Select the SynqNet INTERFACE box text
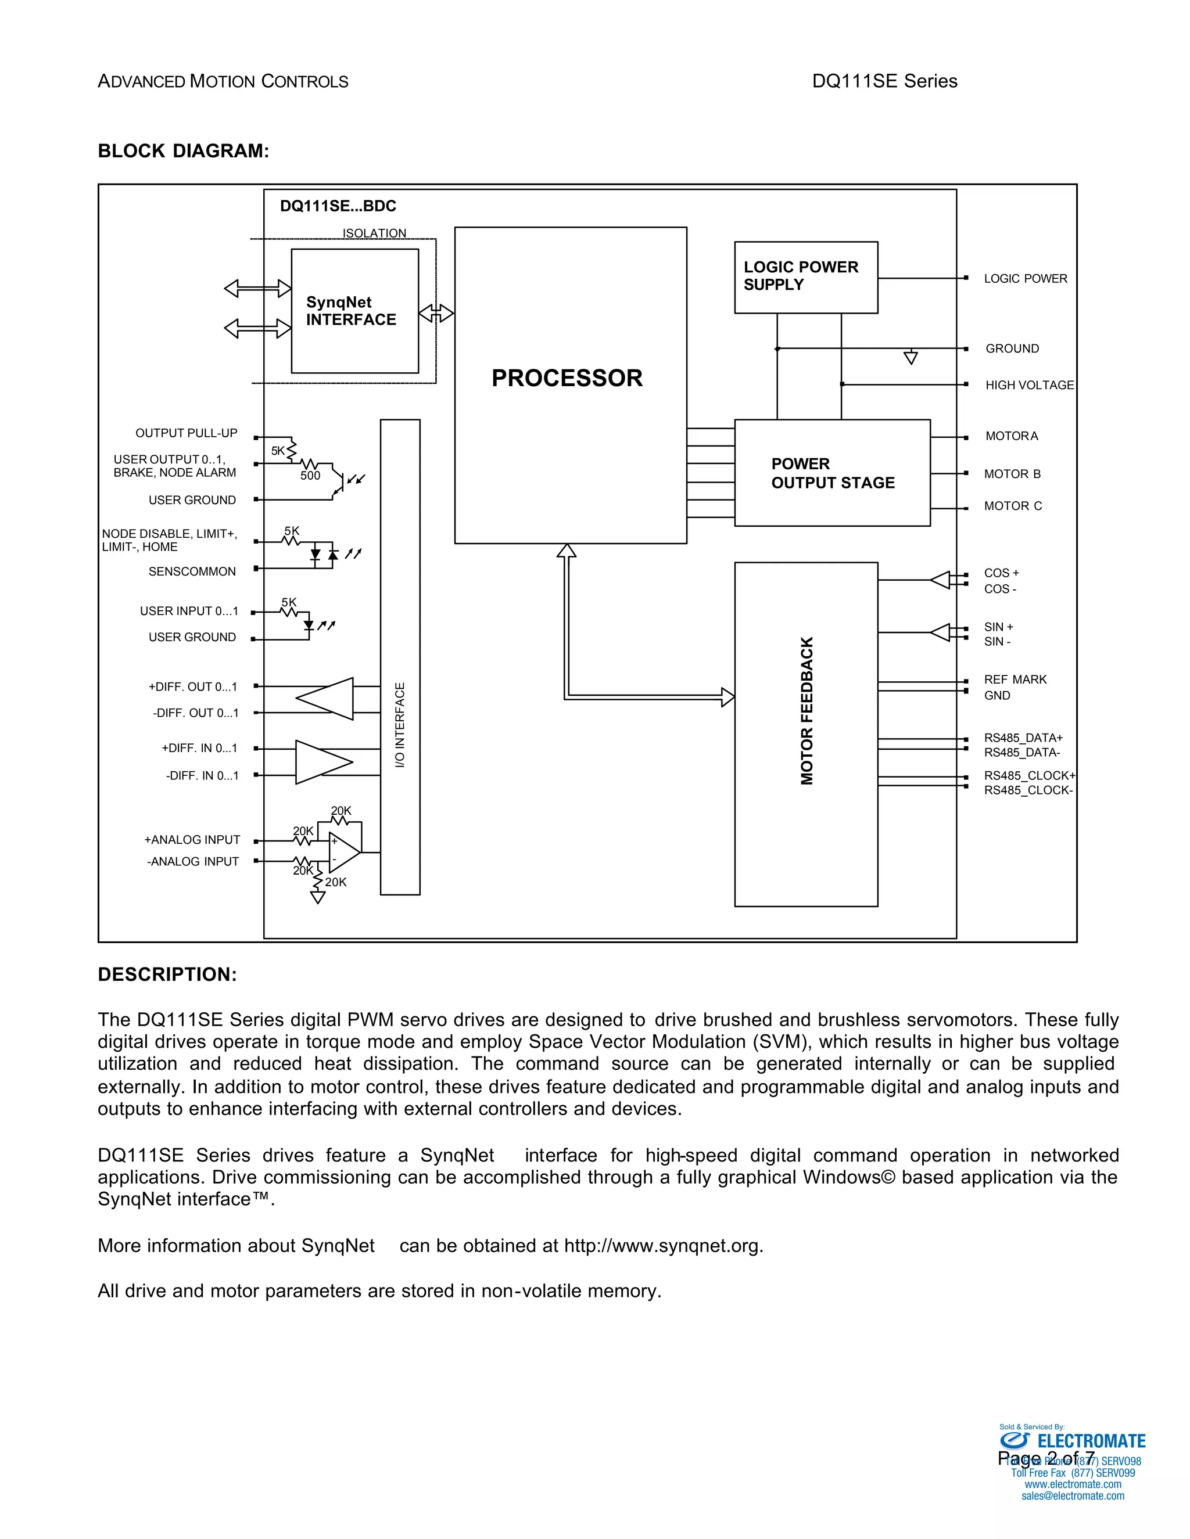tap(350, 311)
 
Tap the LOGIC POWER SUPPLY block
tap(805, 276)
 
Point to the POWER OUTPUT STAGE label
tap(832, 473)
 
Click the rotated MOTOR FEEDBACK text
tap(807, 710)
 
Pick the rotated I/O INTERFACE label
tap(400, 725)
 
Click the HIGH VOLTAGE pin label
tap(1028, 384)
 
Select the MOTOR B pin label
tap(1012, 473)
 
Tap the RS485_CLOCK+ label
tap(1029, 775)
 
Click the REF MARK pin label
tap(1015, 679)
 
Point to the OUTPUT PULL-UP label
tap(186, 433)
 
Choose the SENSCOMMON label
tap(192, 571)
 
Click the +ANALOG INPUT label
tap(192, 839)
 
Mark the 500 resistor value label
tap(310, 476)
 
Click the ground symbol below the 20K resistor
tap(318, 898)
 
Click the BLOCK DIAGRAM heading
tap(183, 151)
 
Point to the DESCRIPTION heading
tap(167, 975)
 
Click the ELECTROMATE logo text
tap(1091, 1441)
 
